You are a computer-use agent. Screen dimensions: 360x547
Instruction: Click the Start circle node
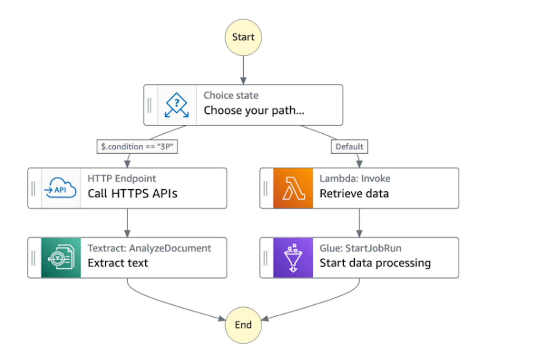pos(243,37)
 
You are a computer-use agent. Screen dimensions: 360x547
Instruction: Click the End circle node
pos(243,325)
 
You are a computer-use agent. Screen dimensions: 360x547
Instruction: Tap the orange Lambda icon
pos(293,188)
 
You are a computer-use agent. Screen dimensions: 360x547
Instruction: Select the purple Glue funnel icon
pos(293,258)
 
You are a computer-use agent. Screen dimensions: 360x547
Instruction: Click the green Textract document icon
pos(61,258)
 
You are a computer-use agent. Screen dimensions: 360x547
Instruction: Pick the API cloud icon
pos(61,188)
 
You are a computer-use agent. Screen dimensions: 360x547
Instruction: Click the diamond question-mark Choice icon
pos(177,105)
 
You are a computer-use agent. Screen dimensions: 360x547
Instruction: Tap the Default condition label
pos(349,146)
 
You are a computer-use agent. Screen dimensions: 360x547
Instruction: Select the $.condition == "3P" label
pos(137,146)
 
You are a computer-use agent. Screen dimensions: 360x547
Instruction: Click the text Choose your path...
pos(254,110)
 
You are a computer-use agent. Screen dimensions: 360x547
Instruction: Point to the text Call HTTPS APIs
pos(132,194)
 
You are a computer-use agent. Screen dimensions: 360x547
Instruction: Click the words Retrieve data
pos(354,194)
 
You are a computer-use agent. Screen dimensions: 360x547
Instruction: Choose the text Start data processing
pos(375,263)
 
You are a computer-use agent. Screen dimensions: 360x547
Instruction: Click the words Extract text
pos(118,263)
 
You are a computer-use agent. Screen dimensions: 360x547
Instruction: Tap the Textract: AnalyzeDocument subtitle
pos(149,248)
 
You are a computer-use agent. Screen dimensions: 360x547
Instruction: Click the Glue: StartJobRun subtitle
pos(360,248)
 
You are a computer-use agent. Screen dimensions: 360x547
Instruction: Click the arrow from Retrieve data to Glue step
pos(359,223)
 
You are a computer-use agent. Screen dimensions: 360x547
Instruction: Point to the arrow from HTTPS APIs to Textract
pos(127,223)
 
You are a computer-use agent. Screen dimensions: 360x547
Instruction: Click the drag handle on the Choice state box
pos(150,105)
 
